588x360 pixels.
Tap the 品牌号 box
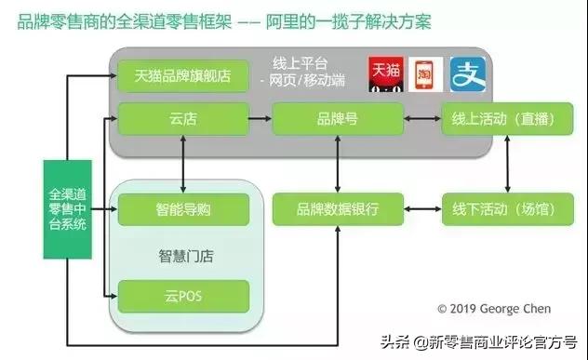(337, 120)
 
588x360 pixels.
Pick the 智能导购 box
(182, 209)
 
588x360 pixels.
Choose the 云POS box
(182, 296)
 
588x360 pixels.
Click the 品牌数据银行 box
(337, 209)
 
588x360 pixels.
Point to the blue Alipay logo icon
(467, 74)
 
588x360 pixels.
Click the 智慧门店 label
(182, 254)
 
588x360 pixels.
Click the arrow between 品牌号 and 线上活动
(422, 120)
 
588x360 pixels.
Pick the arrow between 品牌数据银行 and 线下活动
(422, 209)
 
